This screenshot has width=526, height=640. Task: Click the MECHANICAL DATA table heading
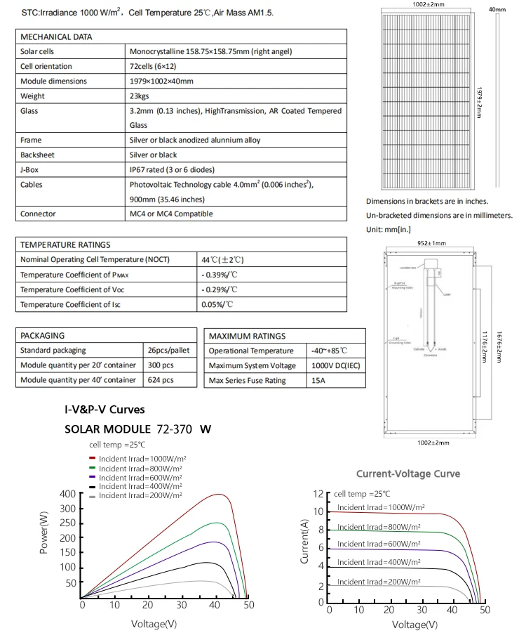[x=56, y=37]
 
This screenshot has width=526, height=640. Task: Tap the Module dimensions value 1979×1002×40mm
[x=162, y=81]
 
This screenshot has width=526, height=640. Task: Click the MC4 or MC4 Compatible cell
[x=171, y=214]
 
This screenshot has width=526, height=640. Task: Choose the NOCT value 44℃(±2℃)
[x=222, y=260]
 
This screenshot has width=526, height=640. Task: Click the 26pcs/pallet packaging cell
[x=162, y=350]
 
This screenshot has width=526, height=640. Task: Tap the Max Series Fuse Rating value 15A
[x=318, y=381]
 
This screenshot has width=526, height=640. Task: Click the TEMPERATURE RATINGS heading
[x=65, y=245]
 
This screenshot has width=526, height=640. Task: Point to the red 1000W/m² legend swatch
[x=93, y=458]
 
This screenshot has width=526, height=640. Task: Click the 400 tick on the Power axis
[x=67, y=494]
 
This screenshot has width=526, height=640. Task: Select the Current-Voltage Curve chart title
[x=408, y=474]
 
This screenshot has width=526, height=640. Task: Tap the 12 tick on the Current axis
[x=319, y=494]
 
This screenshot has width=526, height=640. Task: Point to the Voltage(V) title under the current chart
[x=414, y=625]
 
